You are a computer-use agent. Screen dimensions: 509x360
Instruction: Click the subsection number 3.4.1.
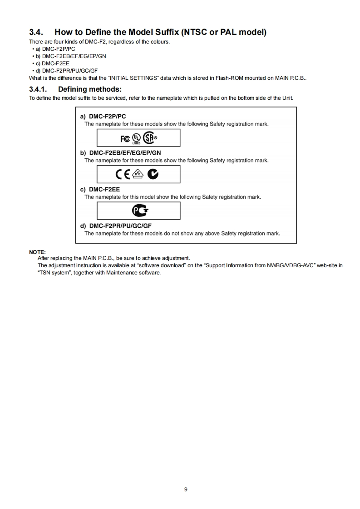pyautogui.click(x=39, y=89)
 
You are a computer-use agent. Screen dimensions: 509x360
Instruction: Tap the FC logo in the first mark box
pyautogui.click(x=125, y=138)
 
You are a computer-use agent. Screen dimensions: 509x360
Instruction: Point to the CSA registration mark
pyautogui.click(x=150, y=137)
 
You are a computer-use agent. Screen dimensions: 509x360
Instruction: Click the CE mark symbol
pyautogui.click(x=123, y=174)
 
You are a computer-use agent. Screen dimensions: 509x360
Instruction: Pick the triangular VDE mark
pyautogui.click(x=138, y=174)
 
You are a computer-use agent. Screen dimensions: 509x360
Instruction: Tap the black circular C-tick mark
pyautogui.click(x=153, y=174)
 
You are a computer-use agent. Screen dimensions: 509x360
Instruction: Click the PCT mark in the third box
pyautogui.click(x=140, y=210)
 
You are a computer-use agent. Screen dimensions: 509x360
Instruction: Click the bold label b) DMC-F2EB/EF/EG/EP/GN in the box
pyautogui.click(x=120, y=153)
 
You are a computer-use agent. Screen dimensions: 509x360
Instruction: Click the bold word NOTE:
pyautogui.click(x=37, y=252)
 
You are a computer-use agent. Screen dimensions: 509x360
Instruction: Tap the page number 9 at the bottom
pyautogui.click(x=186, y=489)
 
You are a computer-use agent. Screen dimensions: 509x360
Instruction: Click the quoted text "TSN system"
pyautogui.click(x=54, y=273)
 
